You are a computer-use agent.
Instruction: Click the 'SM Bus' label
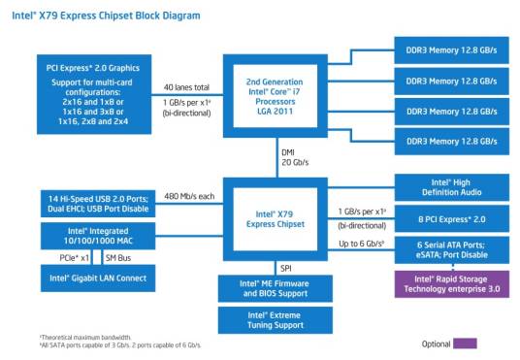[x=117, y=258]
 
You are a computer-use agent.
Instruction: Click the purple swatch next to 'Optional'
[x=466, y=344]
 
